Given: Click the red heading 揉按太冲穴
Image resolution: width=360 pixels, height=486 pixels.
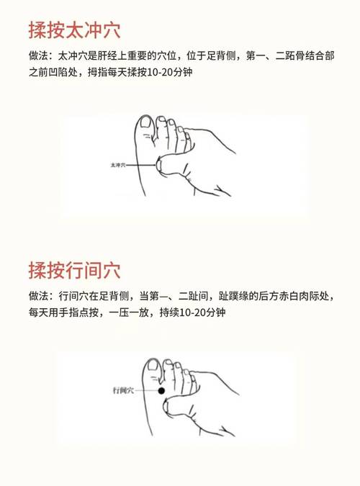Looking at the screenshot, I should (74, 30).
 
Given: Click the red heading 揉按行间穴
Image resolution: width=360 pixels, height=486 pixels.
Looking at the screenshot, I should (74, 271).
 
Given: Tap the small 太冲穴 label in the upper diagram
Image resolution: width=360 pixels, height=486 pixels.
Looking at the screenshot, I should (117, 165).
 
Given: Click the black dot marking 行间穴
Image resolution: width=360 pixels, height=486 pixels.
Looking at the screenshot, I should (162, 391).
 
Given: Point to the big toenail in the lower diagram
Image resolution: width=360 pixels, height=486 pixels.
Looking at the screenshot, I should (153, 368).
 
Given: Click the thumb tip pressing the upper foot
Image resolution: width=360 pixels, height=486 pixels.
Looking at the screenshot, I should (163, 167).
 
